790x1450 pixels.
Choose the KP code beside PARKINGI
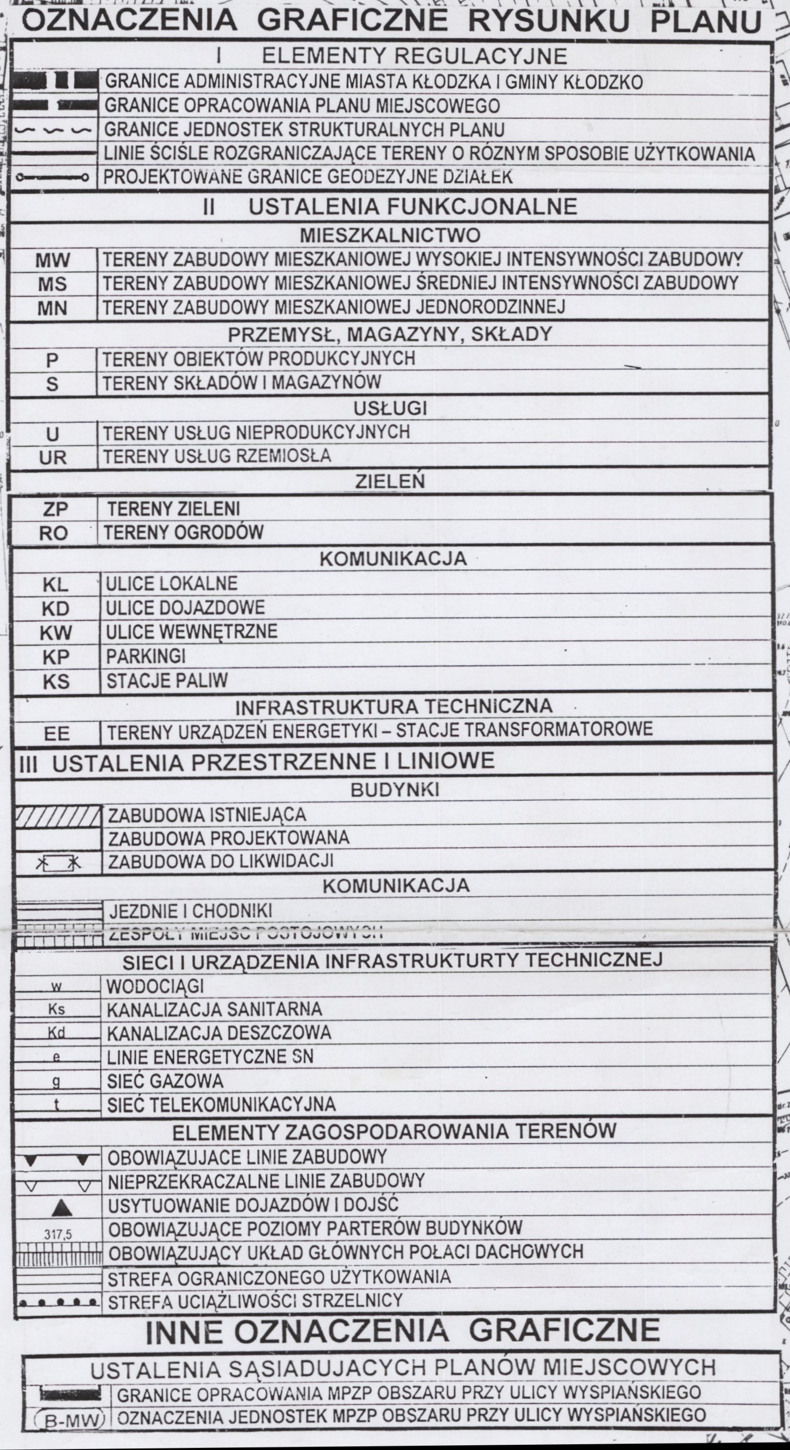56,657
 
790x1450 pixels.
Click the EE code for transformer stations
56,734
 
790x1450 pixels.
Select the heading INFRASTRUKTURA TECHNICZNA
394,706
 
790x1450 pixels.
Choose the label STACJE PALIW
167,681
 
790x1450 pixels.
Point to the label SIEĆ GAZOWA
165,1081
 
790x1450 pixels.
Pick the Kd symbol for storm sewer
56,1033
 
